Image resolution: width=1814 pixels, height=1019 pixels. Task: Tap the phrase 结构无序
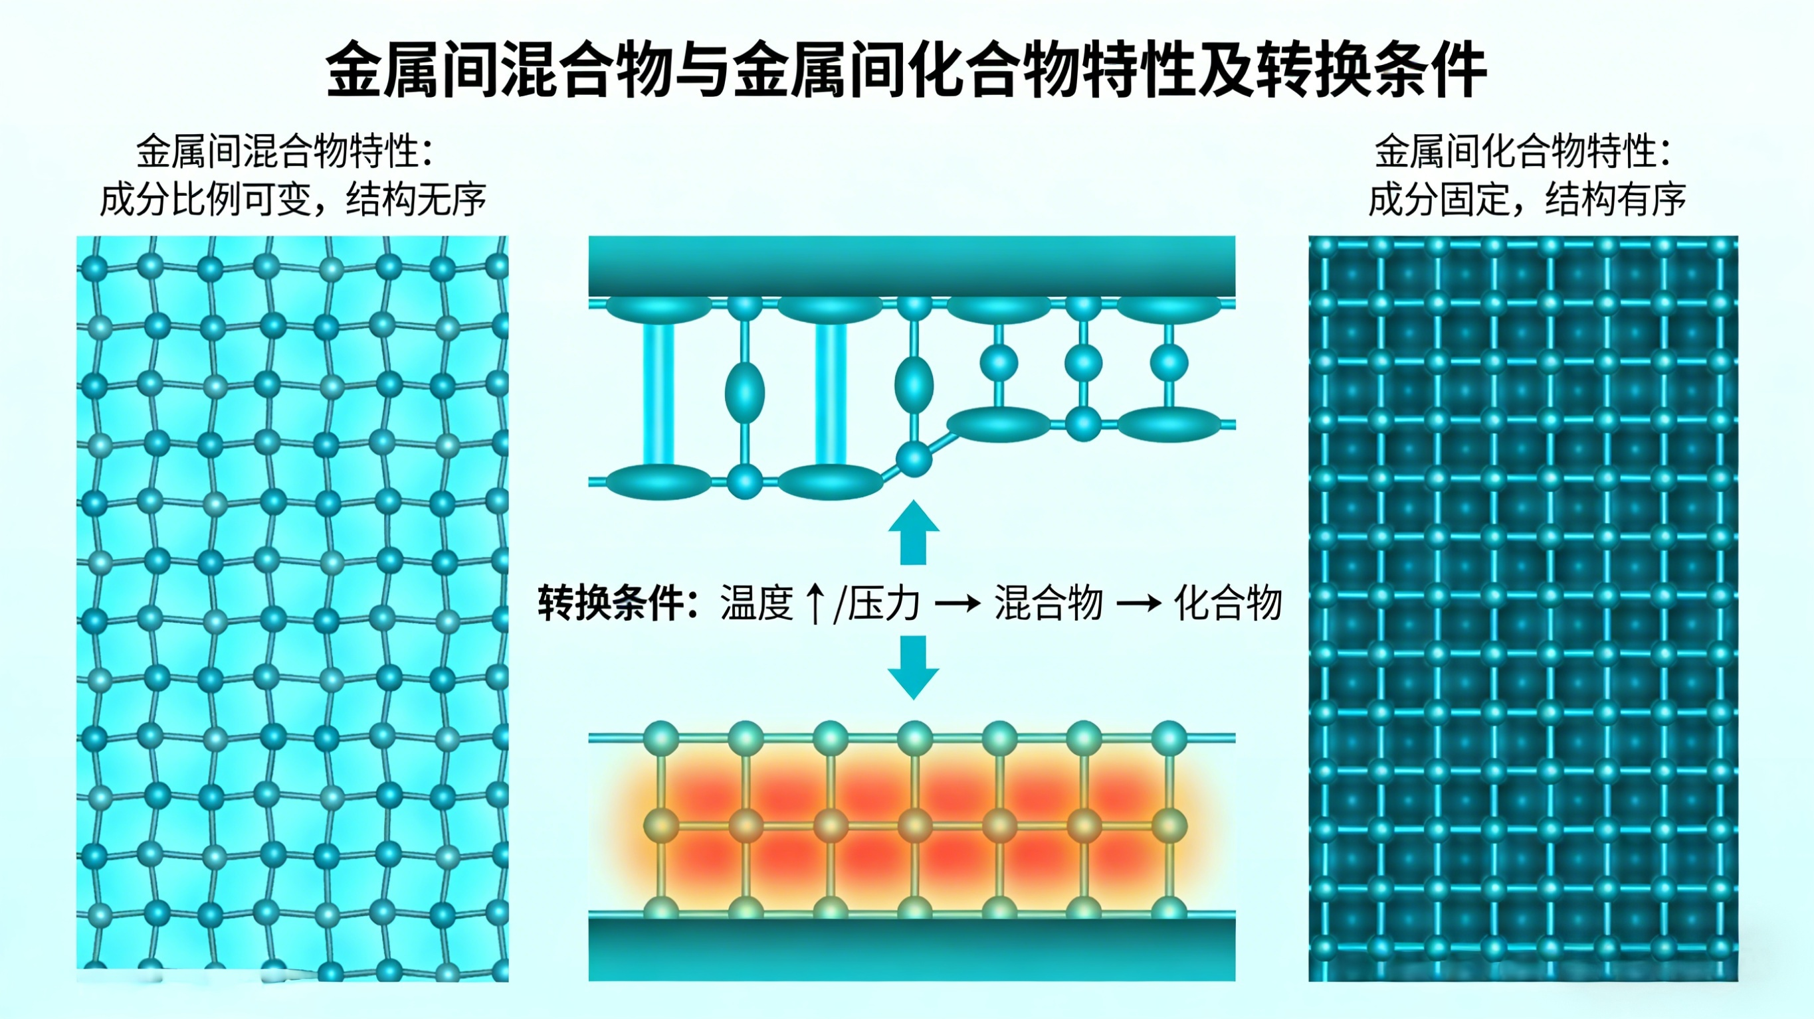click(x=416, y=200)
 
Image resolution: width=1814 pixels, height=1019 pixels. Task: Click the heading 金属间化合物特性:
click(x=1522, y=151)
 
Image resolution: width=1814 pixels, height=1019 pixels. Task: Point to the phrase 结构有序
click(x=1615, y=200)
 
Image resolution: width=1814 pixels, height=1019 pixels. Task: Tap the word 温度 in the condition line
click(x=756, y=603)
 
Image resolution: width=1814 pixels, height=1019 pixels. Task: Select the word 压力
click(x=884, y=603)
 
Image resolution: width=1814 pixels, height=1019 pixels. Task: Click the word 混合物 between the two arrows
click(x=1049, y=603)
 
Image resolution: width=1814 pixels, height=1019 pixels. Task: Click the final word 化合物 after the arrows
click(x=1228, y=603)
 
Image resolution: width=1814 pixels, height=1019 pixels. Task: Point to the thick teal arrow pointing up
click(x=914, y=532)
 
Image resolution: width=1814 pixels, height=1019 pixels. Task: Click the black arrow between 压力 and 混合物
click(x=957, y=603)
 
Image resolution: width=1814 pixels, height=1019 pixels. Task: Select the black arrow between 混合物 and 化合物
click(x=1138, y=603)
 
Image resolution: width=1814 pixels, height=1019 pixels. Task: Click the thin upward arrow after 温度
click(x=815, y=603)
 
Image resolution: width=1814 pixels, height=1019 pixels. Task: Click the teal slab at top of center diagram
click(x=911, y=266)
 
